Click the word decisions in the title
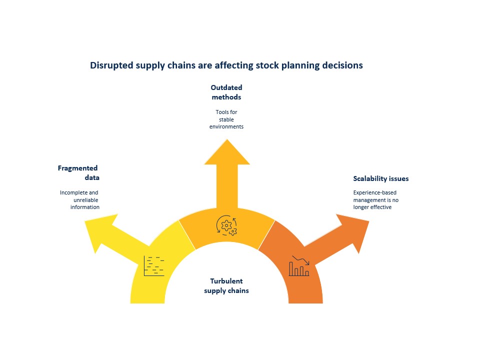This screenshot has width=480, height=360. click(342, 65)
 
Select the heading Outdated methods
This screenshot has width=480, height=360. click(226, 92)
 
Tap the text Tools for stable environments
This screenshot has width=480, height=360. click(226, 119)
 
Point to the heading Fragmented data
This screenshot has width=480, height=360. click(78, 173)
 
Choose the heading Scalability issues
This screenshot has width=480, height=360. click(380, 178)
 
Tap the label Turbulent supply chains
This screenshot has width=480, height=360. click(226, 286)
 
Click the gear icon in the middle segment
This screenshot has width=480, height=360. click(226, 225)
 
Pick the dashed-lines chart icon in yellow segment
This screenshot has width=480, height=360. click(153, 265)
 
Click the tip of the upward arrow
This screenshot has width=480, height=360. click(227, 140)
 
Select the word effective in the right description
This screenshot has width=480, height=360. click(381, 207)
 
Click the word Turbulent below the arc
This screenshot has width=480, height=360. click(226, 281)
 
